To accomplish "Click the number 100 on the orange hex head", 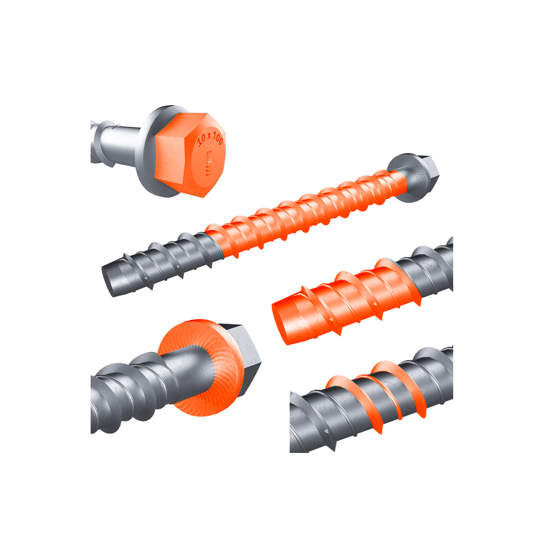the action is pyautogui.click(x=217, y=138).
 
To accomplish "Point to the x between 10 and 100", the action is pyautogui.click(x=208, y=136).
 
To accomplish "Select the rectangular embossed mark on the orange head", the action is pyautogui.click(x=209, y=157).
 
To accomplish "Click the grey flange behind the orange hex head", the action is pyautogui.click(x=147, y=152).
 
